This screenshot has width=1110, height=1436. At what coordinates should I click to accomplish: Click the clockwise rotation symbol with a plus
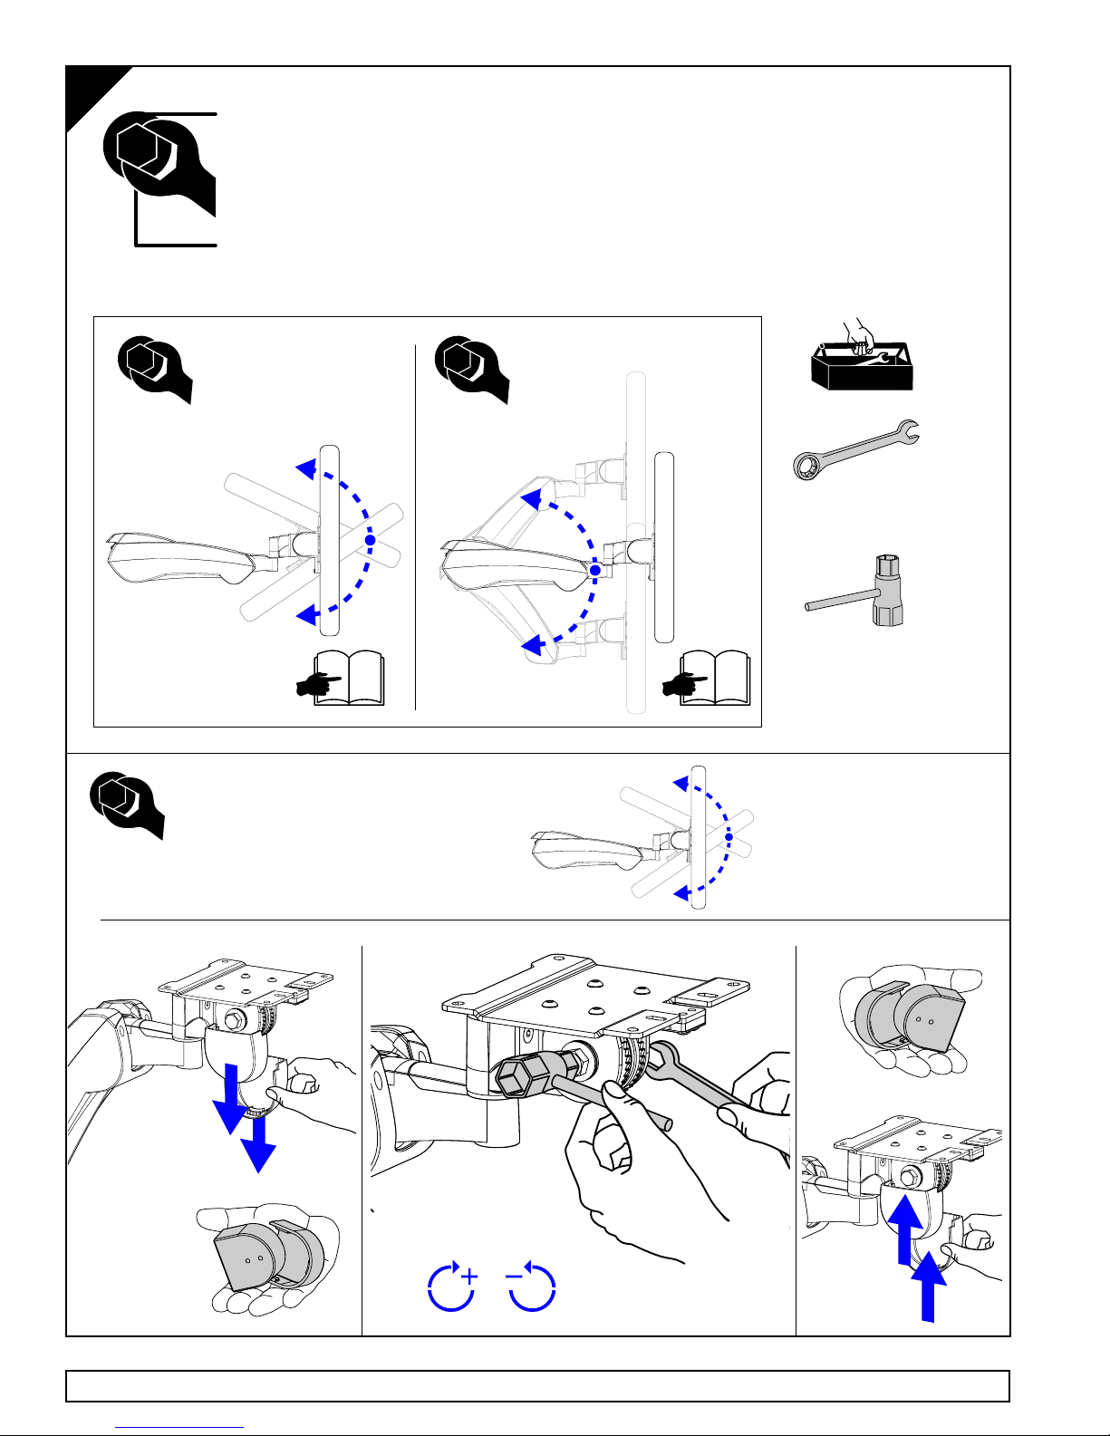[451, 1287]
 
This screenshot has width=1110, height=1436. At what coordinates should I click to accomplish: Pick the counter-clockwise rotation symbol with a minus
[531, 1287]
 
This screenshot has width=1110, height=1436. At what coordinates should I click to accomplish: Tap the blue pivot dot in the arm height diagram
[594, 571]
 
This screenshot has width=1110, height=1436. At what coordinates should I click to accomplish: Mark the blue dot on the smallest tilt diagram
[728, 836]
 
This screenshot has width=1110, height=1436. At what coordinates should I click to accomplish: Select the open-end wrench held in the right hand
[698, 1083]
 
